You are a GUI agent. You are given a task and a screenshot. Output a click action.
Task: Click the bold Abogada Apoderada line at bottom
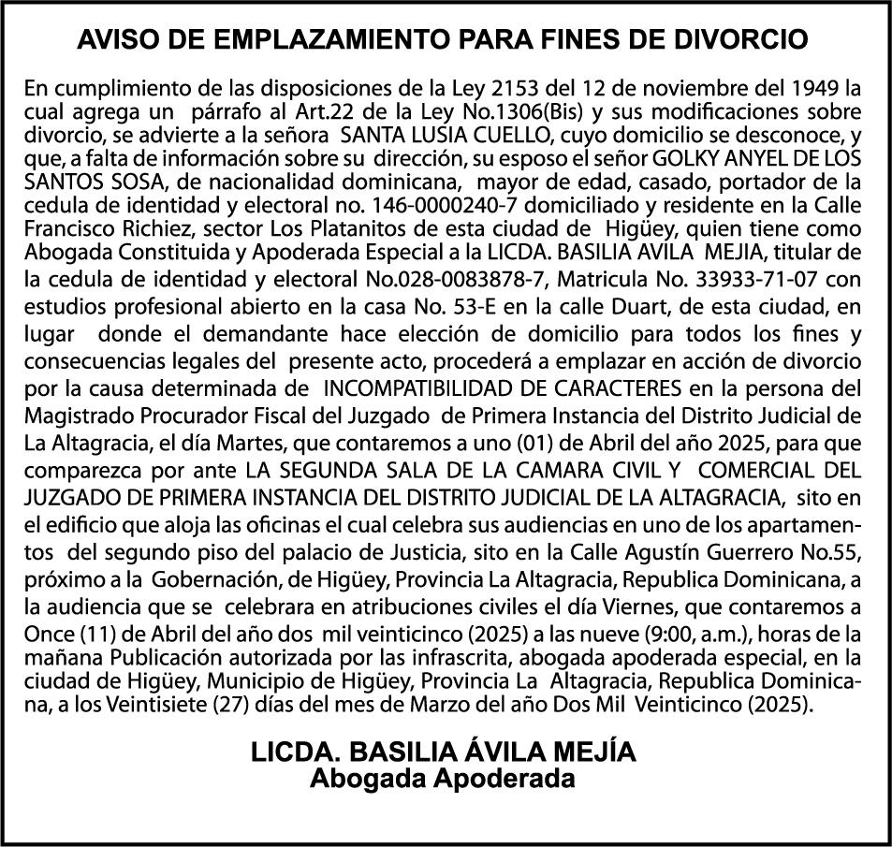pos(443,779)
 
